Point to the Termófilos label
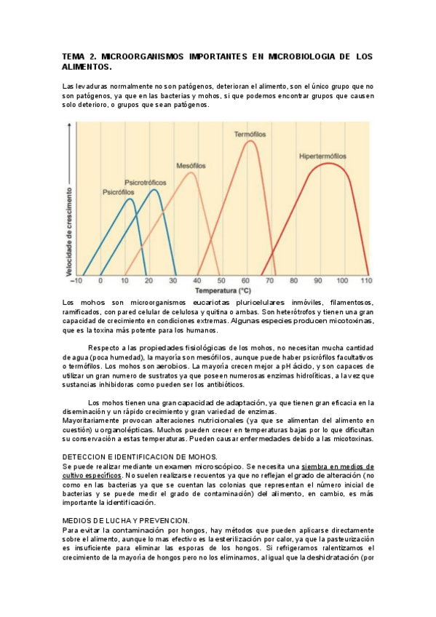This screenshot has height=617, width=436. pos(250,135)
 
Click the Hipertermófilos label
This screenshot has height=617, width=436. pos(322,156)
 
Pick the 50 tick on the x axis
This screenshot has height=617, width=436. pos(221,281)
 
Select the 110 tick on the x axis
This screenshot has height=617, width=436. pos(365,281)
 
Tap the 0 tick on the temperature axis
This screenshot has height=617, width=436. pos(101,281)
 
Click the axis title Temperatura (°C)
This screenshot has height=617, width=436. pos(221,289)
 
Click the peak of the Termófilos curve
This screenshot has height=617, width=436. pos(250,141)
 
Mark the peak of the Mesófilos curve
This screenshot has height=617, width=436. pos(191,172)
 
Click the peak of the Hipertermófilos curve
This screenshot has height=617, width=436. pos(329,163)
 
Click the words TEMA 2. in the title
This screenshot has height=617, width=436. pos(78,56)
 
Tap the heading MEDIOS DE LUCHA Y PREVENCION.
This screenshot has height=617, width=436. pos(126,520)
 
